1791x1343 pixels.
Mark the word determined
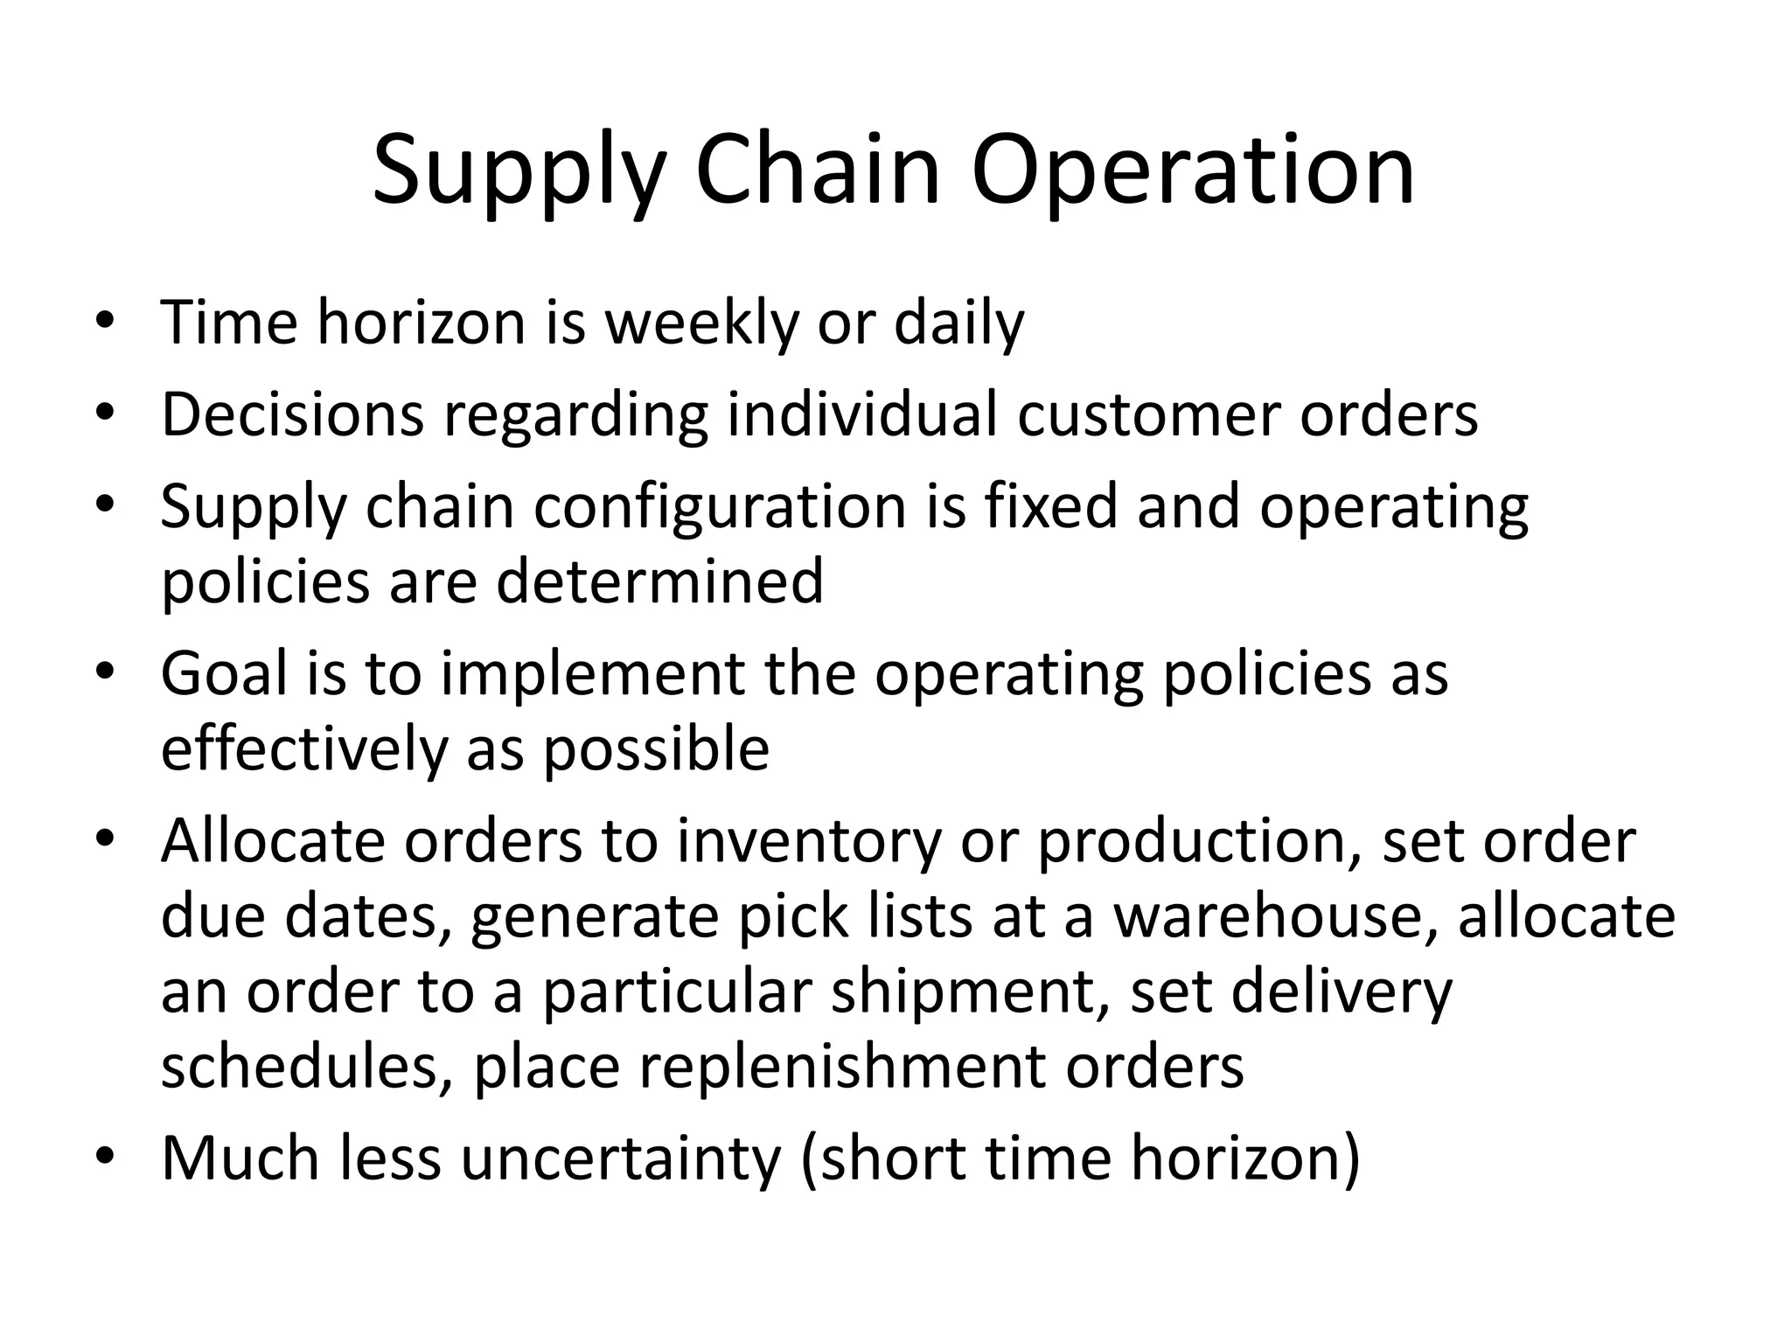(x=659, y=581)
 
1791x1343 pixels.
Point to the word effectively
(x=303, y=749)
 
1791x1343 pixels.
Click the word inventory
(x=808, y=841)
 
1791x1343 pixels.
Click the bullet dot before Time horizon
(x=105, y=323)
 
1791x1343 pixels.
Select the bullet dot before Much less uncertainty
(x=105, y=1159)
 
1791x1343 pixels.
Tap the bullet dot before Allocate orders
(x=105, y=841)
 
